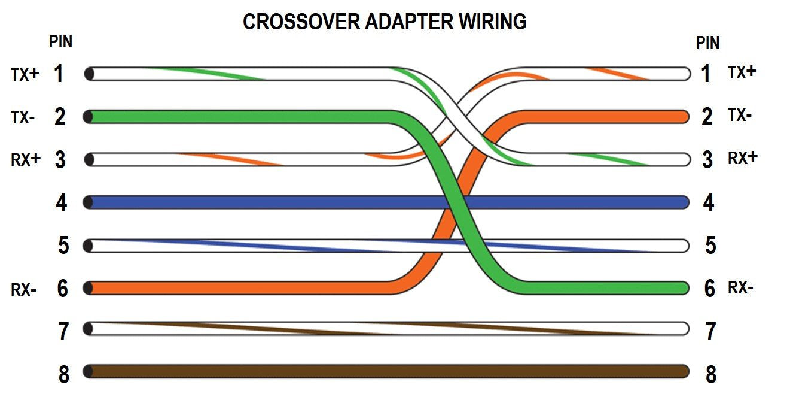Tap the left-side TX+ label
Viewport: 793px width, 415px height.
(x=25, y=74)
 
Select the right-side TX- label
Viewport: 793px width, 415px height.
(x=740, y=116)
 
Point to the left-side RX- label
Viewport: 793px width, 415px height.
(x=24, y=290)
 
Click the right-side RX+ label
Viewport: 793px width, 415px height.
(x=742, y=158)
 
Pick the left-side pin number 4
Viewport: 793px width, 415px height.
(x=62, y=203)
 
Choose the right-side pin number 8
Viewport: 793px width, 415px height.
(x=710, y=375)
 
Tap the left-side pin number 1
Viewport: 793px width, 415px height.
(x=59, y=74)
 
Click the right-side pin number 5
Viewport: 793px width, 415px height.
(x=710, y=246)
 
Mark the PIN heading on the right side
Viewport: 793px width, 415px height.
(x=707, y=43)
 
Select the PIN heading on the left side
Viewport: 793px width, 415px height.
(x=60, y=42)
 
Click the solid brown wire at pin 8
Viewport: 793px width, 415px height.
(x=389, y=371)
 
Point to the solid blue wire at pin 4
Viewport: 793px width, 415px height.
(x=269, y=202)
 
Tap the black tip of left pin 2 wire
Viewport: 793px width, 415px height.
(x=89, y=117)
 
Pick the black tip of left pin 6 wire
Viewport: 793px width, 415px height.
(x=89, y=288)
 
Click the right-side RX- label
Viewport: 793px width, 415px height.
(x=740, y=288)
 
